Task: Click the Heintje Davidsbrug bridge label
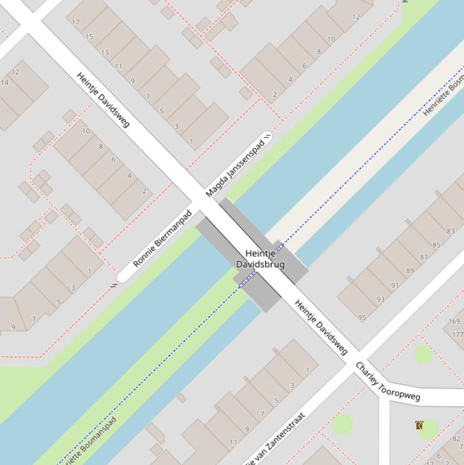coord(260,259)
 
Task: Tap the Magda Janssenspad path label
coord(235,166)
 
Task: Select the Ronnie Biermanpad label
coord(162,239)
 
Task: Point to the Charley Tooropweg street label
coord(387,382)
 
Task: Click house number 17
coord(75,22)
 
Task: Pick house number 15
coord(89,37)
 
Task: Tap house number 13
coord(104,52)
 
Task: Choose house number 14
coord(5,83)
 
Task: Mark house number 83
coord(451,231)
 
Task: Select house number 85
coord(436,245)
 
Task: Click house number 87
coord(424,257)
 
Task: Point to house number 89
coord(410,271)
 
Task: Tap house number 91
coord(395,285)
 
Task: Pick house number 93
coord(380,300)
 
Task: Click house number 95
coord(362,318)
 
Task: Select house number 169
coord(454,321)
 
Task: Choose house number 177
coord(457,335)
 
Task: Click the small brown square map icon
coord(419,426)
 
